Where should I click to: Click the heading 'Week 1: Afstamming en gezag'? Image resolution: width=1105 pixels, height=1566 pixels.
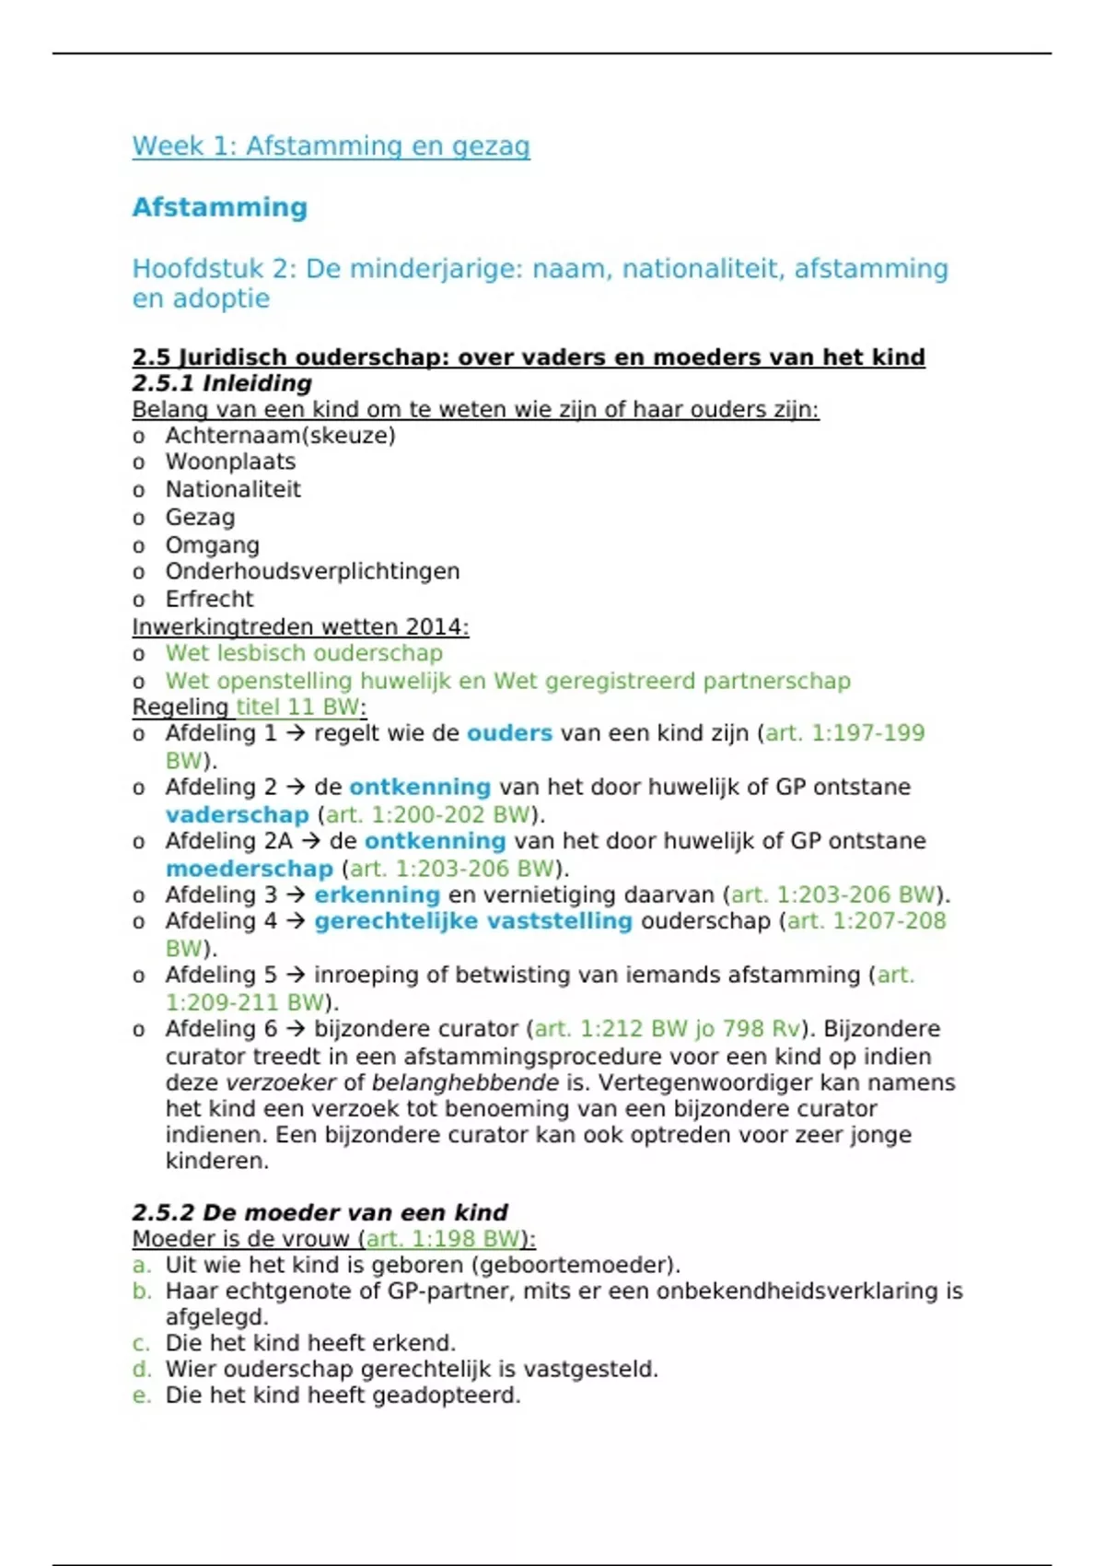(x=331, y=146)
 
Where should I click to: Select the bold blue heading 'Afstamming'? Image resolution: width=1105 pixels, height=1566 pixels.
(x=220, y=207)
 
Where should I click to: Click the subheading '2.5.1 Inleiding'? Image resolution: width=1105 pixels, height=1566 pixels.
(x=222, y=383)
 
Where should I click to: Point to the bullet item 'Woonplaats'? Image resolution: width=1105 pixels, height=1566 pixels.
(x=230, y=462)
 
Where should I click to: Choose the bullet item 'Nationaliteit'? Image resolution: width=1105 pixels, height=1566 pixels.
(x=233, y=489)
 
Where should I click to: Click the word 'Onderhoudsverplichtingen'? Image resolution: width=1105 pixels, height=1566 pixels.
(x=312, y=571)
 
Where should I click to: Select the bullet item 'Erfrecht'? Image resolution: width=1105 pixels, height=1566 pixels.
(x=209, y=599)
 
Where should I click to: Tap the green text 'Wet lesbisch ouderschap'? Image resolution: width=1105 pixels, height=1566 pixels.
(x=304, y=653)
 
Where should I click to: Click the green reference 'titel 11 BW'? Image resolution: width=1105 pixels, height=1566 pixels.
(x=297, y=707)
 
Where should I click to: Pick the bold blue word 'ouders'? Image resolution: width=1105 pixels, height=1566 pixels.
(x=509, y=733)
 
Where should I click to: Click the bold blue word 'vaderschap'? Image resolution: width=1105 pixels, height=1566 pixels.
(x=238, y=815)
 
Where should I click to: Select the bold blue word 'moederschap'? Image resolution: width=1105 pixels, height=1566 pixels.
(x=250, y=869)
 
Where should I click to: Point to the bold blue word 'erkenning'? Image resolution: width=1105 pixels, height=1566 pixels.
(x=377, y=894)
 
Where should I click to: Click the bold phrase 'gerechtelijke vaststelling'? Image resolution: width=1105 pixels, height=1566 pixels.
(x=473, y=921)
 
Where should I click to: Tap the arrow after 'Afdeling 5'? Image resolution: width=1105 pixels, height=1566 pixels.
(x=296, y=975)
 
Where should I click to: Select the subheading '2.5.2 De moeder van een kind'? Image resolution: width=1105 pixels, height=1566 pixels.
(x=320, y=1212)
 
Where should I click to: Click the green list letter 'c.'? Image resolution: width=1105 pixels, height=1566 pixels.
(x=141, y=1343)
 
